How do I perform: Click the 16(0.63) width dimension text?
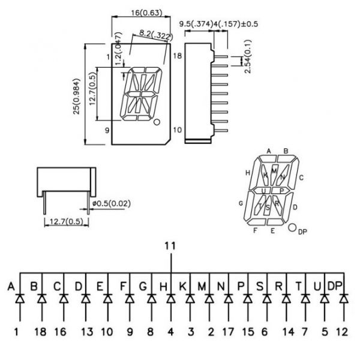[146, 13]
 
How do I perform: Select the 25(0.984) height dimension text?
[76, 97]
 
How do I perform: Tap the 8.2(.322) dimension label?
[156, 35]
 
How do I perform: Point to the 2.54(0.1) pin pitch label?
[248, 56]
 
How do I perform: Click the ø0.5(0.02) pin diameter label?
[111, 203]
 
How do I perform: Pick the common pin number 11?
[170, 246]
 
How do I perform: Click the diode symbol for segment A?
[20, 298]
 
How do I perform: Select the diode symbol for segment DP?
[344, 298]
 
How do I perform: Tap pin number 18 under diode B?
[40, 332]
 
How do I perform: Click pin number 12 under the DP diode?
[342, 332]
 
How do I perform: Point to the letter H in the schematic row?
[163, 287]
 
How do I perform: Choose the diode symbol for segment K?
[190, 298]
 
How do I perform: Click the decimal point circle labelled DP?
[292, 227]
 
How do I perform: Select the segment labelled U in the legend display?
[262, 191]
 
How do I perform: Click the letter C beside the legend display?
[301, 178]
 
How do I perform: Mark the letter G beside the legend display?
[241, 203]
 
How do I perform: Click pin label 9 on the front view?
[107, 130]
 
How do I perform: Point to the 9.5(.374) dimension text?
[196, 24]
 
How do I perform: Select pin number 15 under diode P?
[248, 332]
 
